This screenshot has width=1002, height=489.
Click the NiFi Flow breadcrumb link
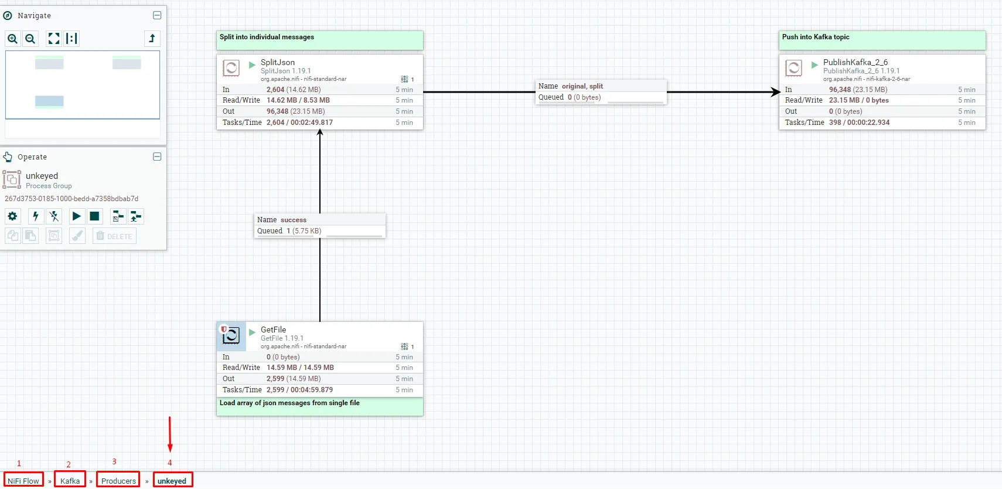[23, 481]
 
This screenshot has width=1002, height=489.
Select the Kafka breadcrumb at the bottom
[70, 481]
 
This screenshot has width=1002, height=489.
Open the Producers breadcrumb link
[118, 481]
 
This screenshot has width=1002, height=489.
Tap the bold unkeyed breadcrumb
[172, 481]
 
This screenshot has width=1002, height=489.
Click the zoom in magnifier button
[12, 39]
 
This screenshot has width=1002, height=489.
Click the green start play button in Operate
[76, 216]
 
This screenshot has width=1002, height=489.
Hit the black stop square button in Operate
[94, 216]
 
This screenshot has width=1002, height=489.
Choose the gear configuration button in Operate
[12, 216]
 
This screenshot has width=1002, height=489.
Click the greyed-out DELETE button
[114, 236]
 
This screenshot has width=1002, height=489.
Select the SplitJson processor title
[278, 62]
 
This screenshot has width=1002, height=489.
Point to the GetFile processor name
[273, 330]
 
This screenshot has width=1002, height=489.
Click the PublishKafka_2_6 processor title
[855, 62]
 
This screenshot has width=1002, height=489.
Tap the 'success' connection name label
[293, 220]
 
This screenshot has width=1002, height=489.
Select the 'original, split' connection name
[582, 86]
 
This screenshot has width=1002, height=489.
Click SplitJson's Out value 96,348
[277, 111]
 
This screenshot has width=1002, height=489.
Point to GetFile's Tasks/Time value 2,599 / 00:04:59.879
[299, 390]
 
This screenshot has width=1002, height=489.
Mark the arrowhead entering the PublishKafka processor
[775, 92]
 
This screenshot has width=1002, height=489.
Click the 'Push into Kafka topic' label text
[815, 37]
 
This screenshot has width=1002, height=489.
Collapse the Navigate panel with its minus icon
[157, 15]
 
